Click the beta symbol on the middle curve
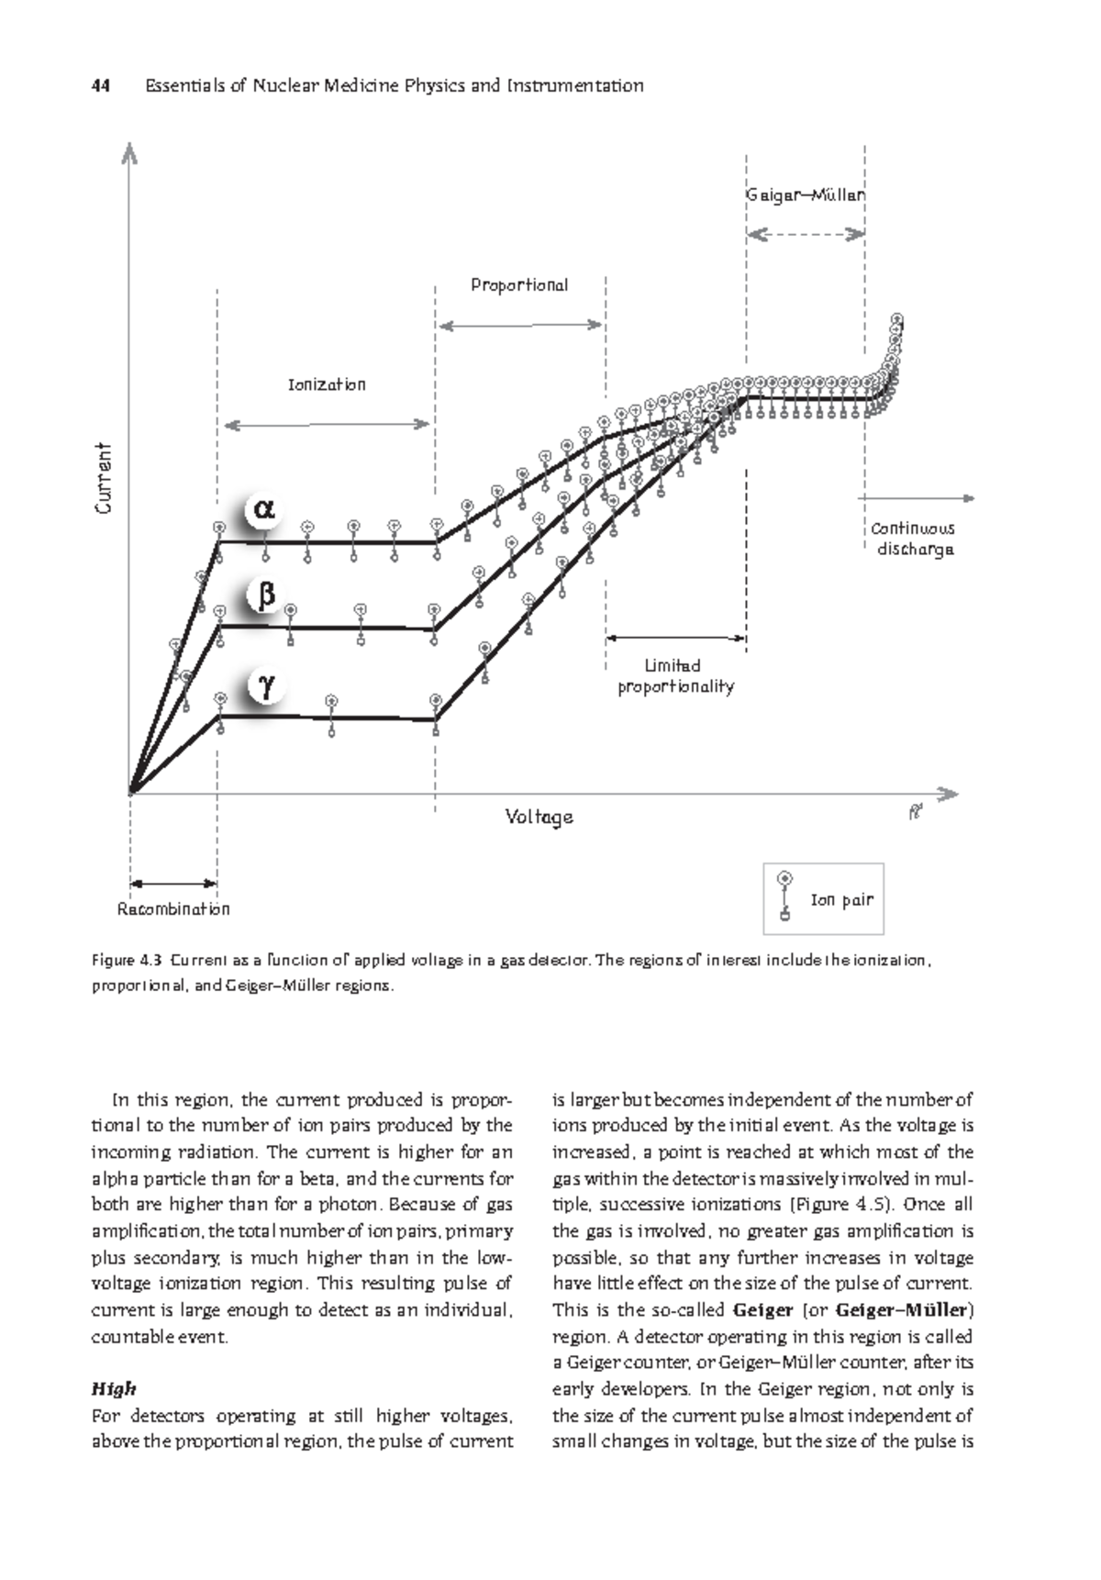pos(266,595)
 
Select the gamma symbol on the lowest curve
pos(266,685)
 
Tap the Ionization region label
pos(327,384)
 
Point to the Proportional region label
pos(519,284)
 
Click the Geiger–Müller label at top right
pos(805,195)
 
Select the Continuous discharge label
pos(912,539)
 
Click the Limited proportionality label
pos(675,676)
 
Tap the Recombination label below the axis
pos(173,909)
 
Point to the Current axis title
pos(104,478)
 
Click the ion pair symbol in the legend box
pos(784,896)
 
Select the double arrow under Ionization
pos(327,424)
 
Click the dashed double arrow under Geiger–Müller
pos(805,235)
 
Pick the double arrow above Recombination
pos(173,884)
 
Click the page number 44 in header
pos(100,86)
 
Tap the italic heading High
pos(114,1388)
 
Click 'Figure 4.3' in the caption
pos(127,961)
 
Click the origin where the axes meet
pos(131,792)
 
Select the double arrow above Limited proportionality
pos(675,638)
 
